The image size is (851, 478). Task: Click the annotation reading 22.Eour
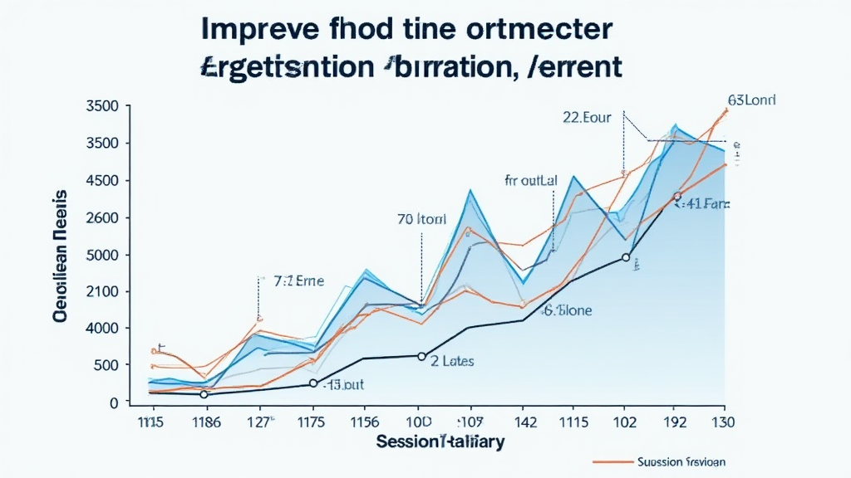pos(587,118)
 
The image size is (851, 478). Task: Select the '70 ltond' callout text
pos(421,220)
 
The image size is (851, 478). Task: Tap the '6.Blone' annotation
pos(568,311)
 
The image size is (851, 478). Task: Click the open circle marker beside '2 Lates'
pos(421,357)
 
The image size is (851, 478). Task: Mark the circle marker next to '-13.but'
pos(313,383)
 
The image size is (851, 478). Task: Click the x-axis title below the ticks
pos(440,442)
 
